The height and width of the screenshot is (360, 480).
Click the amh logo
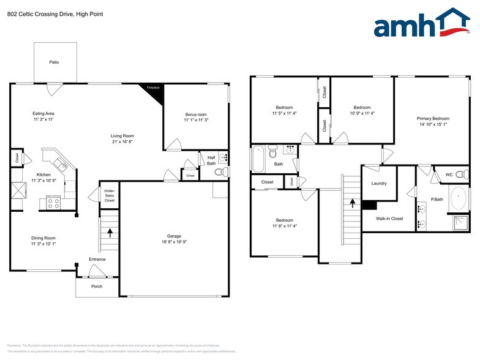coord(421,24)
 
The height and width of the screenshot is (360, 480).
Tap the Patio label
coord(54,62)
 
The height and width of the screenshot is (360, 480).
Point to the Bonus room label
coord(196,114)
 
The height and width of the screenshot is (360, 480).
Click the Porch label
coord(97,287)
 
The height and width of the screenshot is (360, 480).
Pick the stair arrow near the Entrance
coord(110,232)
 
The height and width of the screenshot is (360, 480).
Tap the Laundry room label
coord(380,183)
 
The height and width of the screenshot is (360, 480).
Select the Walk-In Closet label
coord(389,219)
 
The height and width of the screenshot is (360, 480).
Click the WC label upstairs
coord(449,174)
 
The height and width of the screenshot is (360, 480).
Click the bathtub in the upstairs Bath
coord(258,159)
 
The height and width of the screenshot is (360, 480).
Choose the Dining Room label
coord(43,238)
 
